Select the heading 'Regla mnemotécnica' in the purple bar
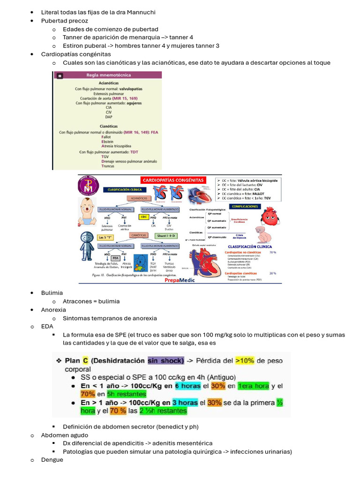(108, 75)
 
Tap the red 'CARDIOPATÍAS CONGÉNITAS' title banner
(172, 180)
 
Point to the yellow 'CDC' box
(144, 217)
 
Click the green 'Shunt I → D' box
(166, 235)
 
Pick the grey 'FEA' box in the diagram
(115, 257)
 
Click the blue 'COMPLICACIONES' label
(244, 206)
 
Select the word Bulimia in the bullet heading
(52, 293)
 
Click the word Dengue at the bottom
(52, 460)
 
